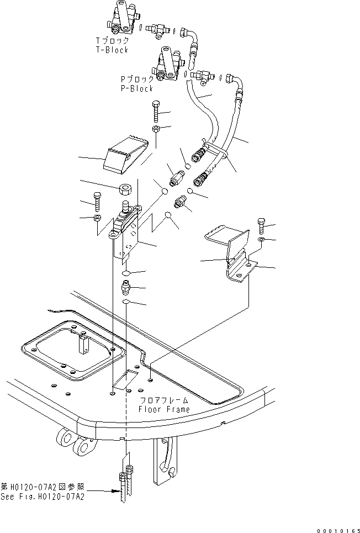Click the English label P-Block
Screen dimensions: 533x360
point(137,88)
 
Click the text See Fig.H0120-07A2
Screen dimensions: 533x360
point(43,497)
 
